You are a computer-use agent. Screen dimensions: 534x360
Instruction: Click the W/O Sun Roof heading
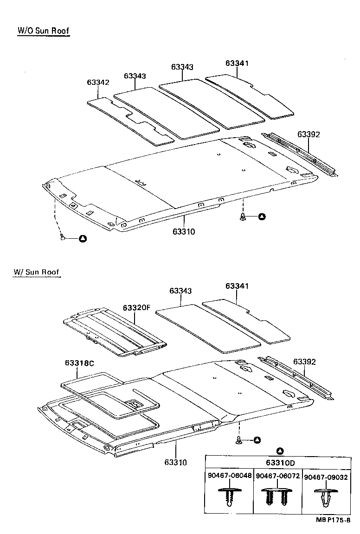click(x=43, y=31)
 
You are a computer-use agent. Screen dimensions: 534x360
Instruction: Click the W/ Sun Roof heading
click(x=36, y=272)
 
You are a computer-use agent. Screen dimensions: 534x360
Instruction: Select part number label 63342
click(x=98, y=83)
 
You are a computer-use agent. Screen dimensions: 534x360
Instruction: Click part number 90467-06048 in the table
click(x=230, y=476)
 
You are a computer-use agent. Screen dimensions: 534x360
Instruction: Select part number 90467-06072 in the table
click(x=278, y=476)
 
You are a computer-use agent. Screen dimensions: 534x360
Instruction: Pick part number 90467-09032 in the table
click(x=325, y=476)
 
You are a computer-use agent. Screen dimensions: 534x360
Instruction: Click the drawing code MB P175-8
click(x=333, y=521)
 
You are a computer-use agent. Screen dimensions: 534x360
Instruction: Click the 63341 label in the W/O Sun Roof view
click(x=237, y=64)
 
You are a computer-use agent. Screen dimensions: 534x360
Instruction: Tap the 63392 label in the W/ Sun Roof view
click(x=304, y=362)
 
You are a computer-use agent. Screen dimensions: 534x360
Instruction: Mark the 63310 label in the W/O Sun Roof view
click(x=184, y=231)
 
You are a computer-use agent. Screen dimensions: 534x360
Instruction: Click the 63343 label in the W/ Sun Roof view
click(x=181, y=291)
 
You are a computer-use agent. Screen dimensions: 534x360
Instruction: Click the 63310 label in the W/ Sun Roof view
click(x=175, y=462)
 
